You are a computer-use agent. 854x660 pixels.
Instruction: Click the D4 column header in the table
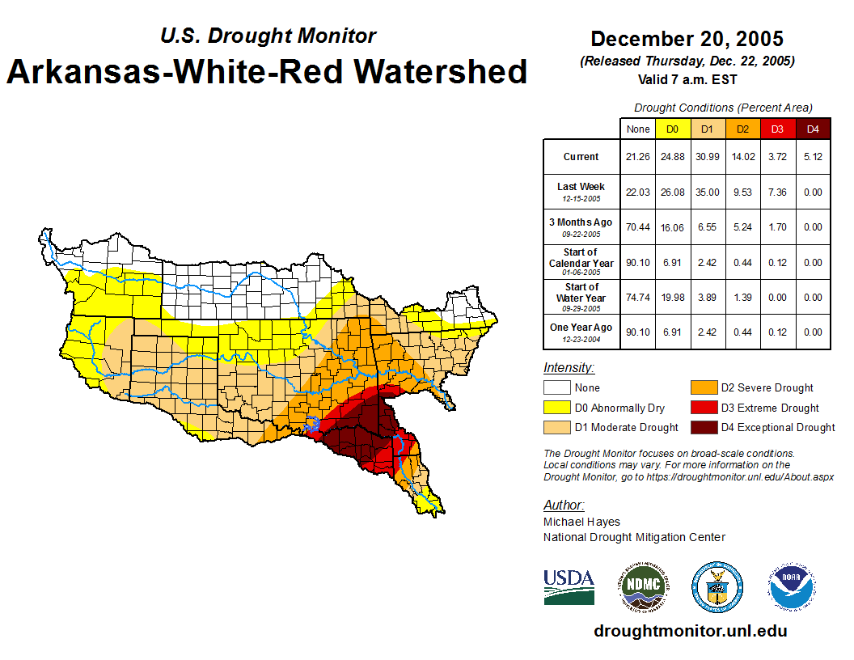pyautogui.click(x=813, y=129)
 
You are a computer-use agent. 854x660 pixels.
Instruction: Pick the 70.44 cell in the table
pyautogui.click(x=638, y=227)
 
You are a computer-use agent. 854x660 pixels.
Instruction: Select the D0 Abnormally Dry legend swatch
pyautogui.click(x=556, y=408)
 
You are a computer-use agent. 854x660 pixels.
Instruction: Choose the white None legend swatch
pyautogui.click(x=556, y=388)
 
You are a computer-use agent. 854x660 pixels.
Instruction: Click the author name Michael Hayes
pyautogui.click(x=581, y=522)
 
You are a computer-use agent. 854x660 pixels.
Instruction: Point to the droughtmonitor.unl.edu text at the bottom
pyautogui.click(x=690, y=631)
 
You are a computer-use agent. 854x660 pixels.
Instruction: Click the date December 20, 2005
pyautogui.click(x=687, y=39)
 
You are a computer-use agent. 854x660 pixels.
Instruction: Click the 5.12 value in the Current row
pyautogui.click(x=813, y=157)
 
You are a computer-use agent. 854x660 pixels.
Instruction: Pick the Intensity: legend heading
pyautogui.click(x=569, y=368)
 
